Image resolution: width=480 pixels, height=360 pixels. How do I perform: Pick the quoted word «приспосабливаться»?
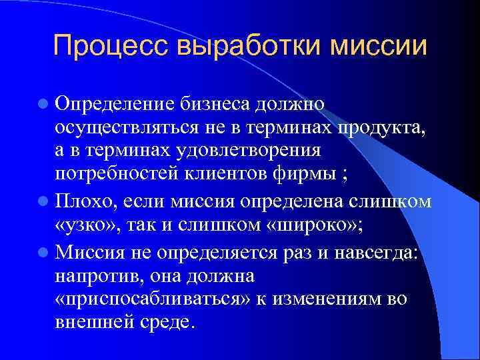pos(151,299)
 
